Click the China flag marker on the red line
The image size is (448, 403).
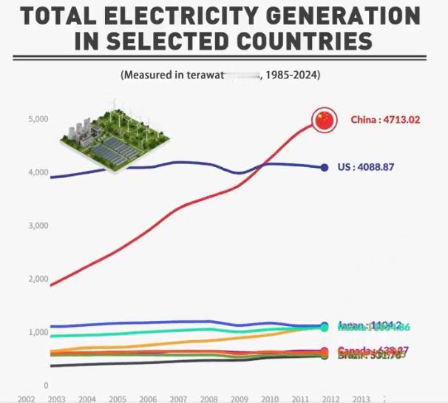[324, 120]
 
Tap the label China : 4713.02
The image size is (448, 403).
[384, 120]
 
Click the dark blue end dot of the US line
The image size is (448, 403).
[324, 167]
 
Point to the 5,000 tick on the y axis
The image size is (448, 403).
[38, 119]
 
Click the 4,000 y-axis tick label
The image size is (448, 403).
[38, 172]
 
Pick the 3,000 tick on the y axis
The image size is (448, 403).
[38, 226]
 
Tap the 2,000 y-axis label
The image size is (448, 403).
[38, 279]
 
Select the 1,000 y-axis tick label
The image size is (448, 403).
[38, 332]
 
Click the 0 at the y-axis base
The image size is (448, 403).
[46, 385]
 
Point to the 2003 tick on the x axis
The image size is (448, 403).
[57, 399]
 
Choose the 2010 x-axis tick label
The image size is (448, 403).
[271, 399]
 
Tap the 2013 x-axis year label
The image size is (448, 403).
[362, 399]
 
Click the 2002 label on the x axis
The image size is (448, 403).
[27, 399]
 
